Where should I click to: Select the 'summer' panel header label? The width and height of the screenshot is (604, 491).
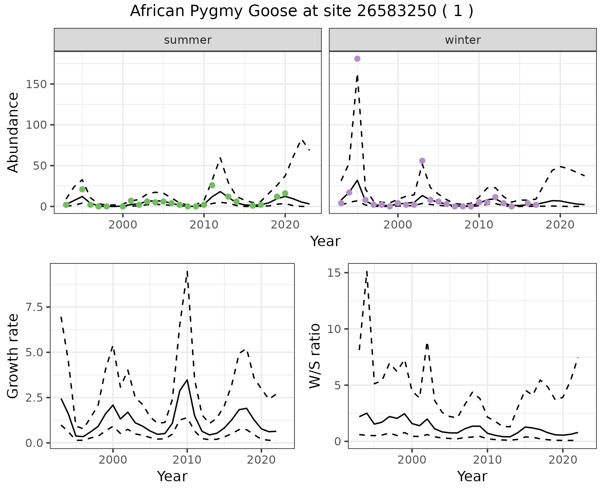point(188,40)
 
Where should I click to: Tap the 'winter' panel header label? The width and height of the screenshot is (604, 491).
point(463,40)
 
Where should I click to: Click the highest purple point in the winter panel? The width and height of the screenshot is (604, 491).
point(357,59)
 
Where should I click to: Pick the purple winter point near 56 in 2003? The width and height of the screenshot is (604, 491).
point(422,161)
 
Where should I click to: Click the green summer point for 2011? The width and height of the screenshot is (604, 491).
point(212,185)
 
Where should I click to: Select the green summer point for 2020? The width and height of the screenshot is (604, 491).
point(285,193)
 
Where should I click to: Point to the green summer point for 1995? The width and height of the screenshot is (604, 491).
point(82,189)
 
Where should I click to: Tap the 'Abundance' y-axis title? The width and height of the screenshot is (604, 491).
point(13,132)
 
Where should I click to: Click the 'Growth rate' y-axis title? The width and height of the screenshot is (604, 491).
point(13,356)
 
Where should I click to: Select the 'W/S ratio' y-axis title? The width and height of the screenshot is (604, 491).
point(315,356)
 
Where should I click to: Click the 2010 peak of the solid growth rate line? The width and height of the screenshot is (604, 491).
point(187,380)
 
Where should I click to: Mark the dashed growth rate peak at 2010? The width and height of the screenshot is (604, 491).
point(187,271)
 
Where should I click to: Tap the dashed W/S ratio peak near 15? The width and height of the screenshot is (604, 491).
point(367,271)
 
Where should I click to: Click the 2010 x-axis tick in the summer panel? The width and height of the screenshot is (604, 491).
point(204,225)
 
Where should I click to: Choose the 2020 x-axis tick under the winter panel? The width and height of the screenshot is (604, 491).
point(560,225)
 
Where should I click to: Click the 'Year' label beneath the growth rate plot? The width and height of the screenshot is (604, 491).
point(172,476)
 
